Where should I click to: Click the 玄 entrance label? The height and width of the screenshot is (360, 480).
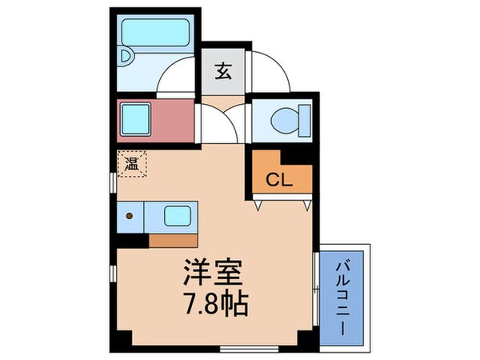pos(223,70)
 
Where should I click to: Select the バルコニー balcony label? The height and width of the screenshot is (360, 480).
pos(344,295)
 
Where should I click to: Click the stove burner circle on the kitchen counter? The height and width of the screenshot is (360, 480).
pos(129,215)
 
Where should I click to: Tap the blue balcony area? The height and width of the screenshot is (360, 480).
pos(344,320)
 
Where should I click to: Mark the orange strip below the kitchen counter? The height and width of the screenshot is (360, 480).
pos(173,238)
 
